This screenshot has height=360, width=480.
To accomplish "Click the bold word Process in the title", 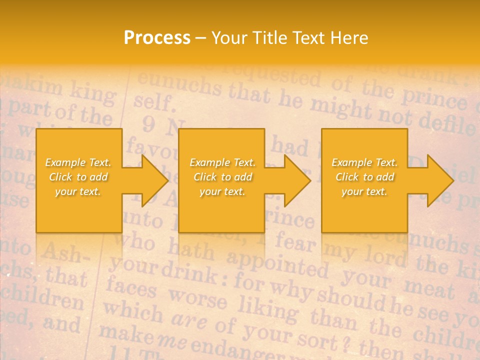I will pyautogui.click(x=157, y=38).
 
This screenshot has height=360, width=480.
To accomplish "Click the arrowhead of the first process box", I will pyautogui.click(x=152, y=180).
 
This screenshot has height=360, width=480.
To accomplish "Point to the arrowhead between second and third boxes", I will pyautogui.click(x=295, y=180).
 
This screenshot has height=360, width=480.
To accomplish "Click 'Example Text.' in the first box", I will pyautogui.click(x=78, y=162).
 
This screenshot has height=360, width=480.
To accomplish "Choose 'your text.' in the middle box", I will pyautogui.click(x=222, y=191).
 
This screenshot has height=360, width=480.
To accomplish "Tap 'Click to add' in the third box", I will pyautogui.click(x=364, y=177).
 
